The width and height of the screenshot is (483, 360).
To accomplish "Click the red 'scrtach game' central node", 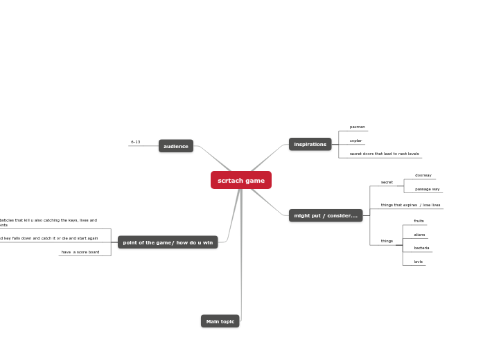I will pyautogui.click(x=241, y=181).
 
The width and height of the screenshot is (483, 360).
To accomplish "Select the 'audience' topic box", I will pyautogui.click(x=176, y=146).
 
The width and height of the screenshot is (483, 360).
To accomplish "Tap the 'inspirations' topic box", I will pyautogui.click(x=310, y=144).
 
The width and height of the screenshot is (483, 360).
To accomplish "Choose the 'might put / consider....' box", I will pyautogui.click(x=326, y=215).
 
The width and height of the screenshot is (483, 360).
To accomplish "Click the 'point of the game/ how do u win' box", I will pyautogui.click(x=168, y=242).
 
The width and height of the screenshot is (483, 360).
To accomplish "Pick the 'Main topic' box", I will pyautogui.click(x=220, y=321).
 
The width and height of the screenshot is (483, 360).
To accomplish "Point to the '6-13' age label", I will pyautogui.click(x=135, y=142).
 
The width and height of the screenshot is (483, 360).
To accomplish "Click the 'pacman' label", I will pyautogui.click(x=357, y=127).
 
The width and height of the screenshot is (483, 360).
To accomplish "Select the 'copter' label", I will pyautogui.click(x=355, y=141).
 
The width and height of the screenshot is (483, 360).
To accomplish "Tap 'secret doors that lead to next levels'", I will pyautogui.click(x=384, y=154).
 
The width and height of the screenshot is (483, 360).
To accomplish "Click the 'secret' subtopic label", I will pyautogui.click(x=387, y=182).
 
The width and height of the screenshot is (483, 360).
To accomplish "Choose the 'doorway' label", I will pyautogui.click(x=423, y=175).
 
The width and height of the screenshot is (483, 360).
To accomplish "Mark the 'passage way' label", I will pyautogui.click(x=427, y=189).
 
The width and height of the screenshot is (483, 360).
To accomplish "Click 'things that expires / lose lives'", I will pyautogui.click(x=410, y=205).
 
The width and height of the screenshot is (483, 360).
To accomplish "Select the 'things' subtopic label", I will pyautogui.click(x=387, y=241).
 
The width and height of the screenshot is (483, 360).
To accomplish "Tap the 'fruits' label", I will pyautogui.click(x=419, y=221).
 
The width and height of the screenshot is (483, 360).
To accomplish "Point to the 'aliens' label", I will pyautogui.click(x=419, y=235).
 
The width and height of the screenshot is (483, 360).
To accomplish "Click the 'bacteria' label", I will pyautogui.click(x=421, y=248).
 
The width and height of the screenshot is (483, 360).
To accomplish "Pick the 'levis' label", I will pyautogui.click(x=418, y=262).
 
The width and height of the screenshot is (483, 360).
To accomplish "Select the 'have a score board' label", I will pyautogui.click(x=80, y=252).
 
